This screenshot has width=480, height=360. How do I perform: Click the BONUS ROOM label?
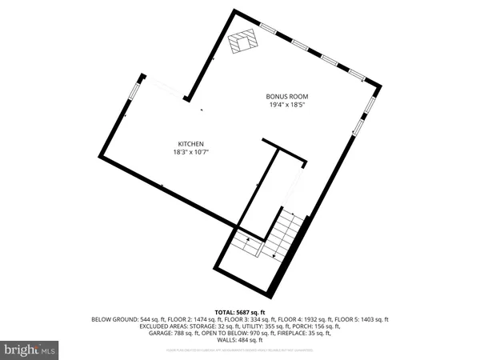pos(287,97)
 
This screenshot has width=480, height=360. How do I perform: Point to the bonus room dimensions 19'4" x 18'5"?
pos(287,105)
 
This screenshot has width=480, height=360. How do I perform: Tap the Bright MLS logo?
pos(30,350)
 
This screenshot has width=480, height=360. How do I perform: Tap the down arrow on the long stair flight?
pos(276,255)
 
